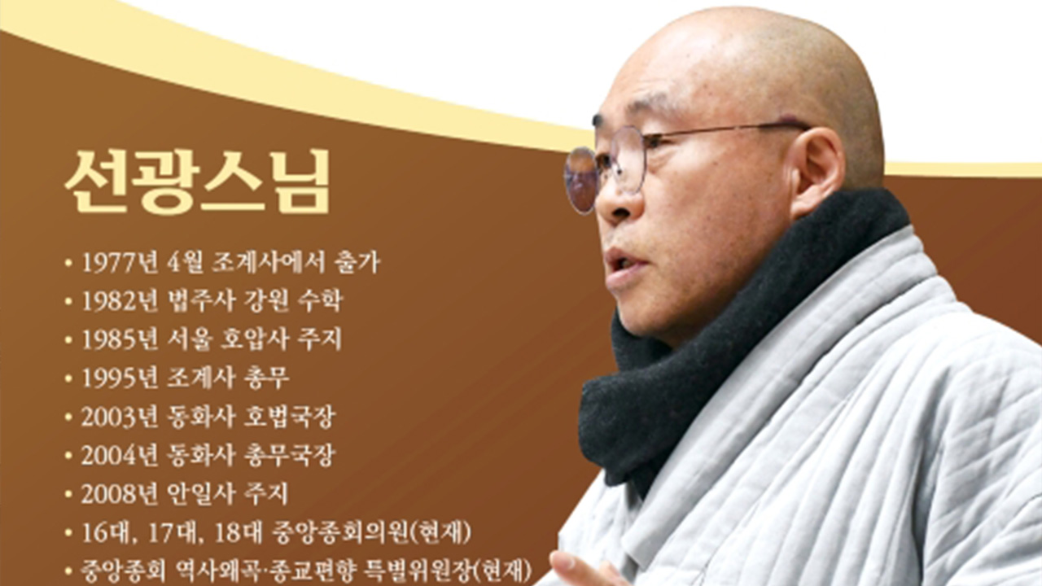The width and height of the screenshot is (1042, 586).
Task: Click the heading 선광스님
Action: coord(197,181)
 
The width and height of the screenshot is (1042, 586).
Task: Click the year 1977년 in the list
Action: coord(120,263)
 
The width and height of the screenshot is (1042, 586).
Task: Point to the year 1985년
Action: coord(120,339)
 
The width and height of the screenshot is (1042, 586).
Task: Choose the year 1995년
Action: coord(120,378)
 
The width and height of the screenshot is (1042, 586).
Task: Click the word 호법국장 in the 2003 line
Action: coord(289,417)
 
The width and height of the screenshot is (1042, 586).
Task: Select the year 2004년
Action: coord(120,456)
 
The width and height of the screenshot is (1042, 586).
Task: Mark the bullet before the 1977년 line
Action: coord(68,263)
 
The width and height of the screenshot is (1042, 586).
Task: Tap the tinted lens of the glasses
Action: coord(580,180)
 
